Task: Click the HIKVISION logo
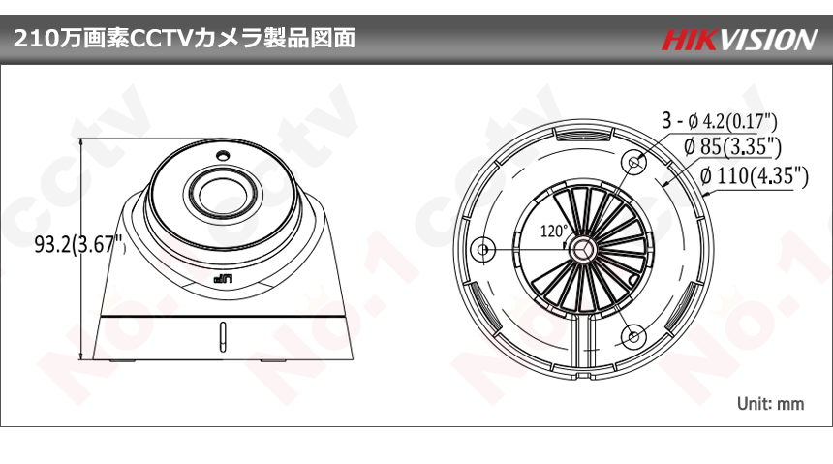coord(739,40)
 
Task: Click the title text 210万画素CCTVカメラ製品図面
coord(184,39)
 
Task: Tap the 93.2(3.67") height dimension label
coord(80,244)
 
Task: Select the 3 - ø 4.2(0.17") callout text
coord(720,121)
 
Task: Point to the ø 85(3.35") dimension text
coord(732,146)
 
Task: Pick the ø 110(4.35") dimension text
coord(755,175)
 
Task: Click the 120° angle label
coord(554,232)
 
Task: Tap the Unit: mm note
coord(770,403)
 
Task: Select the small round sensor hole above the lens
coord(223,156)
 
